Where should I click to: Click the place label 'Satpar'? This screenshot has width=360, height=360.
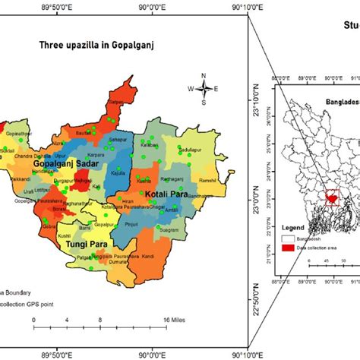[x=115, y=99]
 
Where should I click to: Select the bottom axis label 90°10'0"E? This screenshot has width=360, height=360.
[x=246, y=353]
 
